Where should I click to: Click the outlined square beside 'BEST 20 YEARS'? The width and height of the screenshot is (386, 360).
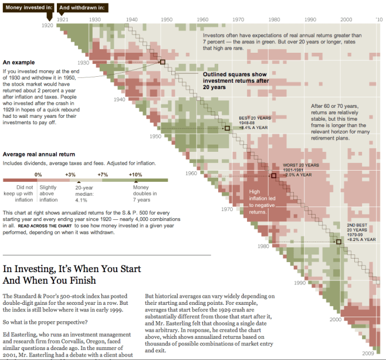227,128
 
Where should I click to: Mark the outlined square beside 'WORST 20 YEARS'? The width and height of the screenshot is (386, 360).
273,175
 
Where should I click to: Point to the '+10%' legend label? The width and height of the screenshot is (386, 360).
136,175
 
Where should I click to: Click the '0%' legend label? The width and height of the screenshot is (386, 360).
38,175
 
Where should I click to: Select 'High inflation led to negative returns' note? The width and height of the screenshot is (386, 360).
266,201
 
